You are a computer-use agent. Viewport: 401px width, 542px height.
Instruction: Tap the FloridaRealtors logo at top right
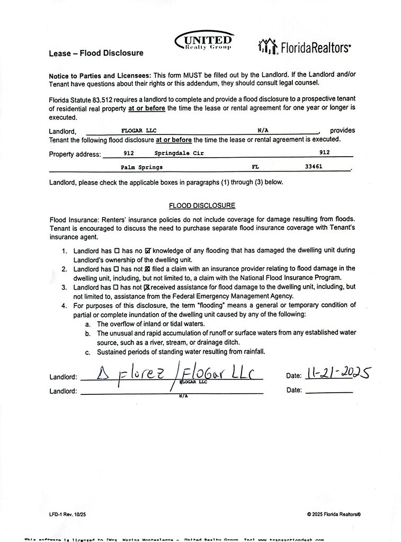tap(304, 47)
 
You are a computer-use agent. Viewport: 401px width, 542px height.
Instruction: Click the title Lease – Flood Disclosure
tap(96, 53)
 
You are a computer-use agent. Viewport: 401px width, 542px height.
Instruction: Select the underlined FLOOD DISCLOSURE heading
tap(202, 205)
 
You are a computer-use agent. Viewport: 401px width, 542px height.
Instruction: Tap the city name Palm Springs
tap(141, 167)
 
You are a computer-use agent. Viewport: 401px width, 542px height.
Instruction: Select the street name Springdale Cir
tap(179, 153)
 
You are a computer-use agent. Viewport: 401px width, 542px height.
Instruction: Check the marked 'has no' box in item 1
tap(148, 250)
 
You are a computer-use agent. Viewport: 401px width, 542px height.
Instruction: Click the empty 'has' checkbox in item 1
tap(117, 250)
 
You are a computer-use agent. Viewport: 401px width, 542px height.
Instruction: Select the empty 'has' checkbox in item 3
tap(117, 287)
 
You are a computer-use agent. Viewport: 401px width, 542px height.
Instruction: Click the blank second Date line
tap(329, 391)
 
